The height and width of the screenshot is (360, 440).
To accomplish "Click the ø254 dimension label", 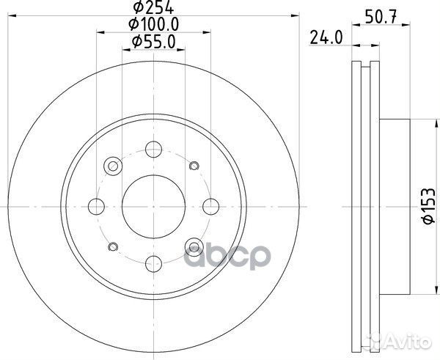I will (153, 8).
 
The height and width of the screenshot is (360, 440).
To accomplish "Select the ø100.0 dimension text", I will (154, 26).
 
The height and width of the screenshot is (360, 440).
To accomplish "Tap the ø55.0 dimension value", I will (154, 43).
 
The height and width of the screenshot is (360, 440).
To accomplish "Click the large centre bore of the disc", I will (153, 205).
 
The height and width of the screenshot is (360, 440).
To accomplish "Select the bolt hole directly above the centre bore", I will (153, 149).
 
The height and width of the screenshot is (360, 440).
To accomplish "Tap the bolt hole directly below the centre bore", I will (153, 262).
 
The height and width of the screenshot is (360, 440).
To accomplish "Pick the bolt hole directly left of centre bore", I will (96, 205).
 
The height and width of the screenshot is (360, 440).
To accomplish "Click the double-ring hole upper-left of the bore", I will (113, 166).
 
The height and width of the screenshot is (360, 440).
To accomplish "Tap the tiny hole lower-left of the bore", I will (113, 246).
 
